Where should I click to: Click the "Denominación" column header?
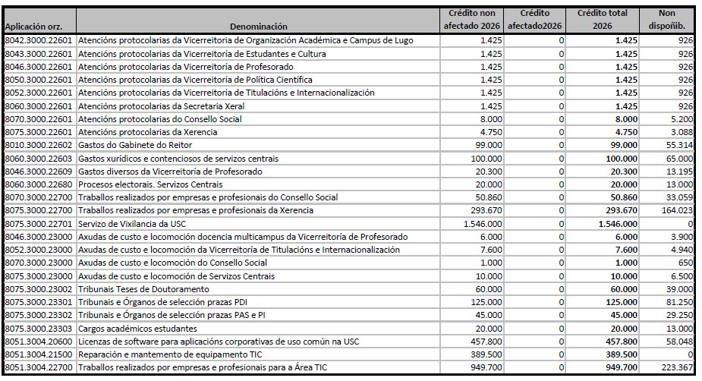click(259, 25)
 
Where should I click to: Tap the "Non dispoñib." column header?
click(668, 20)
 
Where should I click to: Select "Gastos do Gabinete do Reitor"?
click(135, 144)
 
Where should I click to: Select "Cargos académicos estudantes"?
click(137, 329)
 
